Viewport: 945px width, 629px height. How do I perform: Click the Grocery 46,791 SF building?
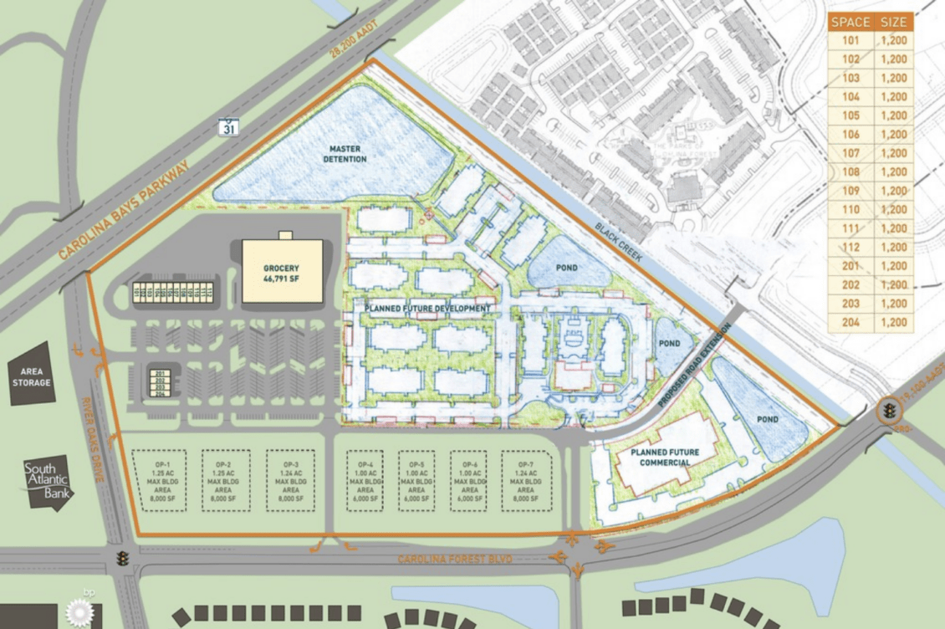(x=282, y=271)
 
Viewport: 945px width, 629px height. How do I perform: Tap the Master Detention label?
(x=346, y=154)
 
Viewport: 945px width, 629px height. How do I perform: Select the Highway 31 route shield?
(x=228, y=126)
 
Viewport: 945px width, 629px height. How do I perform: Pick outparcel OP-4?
(x=365, y=480)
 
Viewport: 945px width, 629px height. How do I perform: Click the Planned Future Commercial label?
(x=661, y=458)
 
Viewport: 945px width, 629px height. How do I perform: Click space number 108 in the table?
(x=851, y=172)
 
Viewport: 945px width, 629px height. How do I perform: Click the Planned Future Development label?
(x=427, y=309)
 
